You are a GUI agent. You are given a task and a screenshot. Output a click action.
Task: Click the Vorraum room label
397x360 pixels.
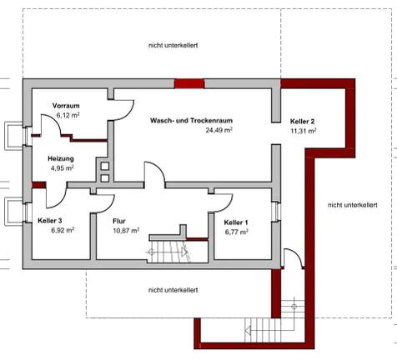coord(65,106)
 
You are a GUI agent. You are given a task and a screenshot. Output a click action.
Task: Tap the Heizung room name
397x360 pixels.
coord(62,158)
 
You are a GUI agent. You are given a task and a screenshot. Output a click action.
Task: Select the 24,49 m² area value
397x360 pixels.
coord(219,130)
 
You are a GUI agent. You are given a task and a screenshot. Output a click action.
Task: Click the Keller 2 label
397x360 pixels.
coord(302,122)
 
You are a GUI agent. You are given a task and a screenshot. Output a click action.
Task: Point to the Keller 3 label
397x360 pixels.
coord(50,221)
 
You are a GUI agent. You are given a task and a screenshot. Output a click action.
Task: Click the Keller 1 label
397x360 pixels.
coord(237,222)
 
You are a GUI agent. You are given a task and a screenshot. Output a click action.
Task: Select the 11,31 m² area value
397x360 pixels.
coord(303,131)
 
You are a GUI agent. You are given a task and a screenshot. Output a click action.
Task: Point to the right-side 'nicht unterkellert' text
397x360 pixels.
coord(353,204)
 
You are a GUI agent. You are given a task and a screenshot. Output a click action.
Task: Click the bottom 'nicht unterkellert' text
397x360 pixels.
coord(173,290)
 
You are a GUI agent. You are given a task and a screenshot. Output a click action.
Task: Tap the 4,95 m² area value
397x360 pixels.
coord(62,167)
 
